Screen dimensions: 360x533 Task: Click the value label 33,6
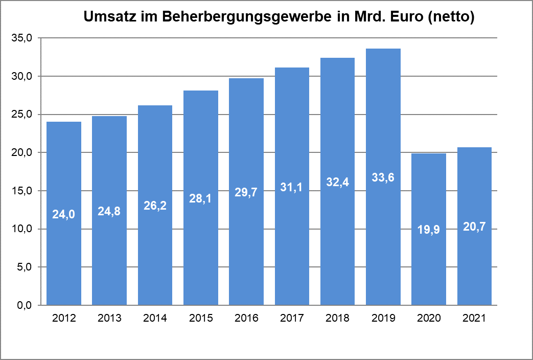coord(383,177)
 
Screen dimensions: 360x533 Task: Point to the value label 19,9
coord(429,230)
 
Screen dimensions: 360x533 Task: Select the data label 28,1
coord(201,198)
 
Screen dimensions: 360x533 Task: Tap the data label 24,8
coord(109,211)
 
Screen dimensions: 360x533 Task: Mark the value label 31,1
coord(292,187)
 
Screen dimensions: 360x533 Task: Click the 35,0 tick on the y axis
coord(22,38)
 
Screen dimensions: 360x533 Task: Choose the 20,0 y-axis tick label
coord(22,153)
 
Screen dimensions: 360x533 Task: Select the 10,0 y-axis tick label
coord(22,229)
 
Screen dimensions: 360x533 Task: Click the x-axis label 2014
coord(155,318)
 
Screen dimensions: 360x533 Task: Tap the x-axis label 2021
coord(474,318)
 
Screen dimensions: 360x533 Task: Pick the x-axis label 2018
coord(337,318)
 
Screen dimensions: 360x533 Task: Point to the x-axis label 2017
coord(292,318)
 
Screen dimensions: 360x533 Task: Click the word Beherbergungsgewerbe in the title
coord(247,17)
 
